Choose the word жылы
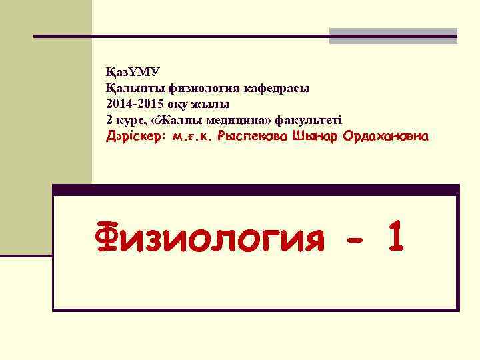[213, 104]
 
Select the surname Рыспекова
[251, 137]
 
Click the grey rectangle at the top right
[393, 36]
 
